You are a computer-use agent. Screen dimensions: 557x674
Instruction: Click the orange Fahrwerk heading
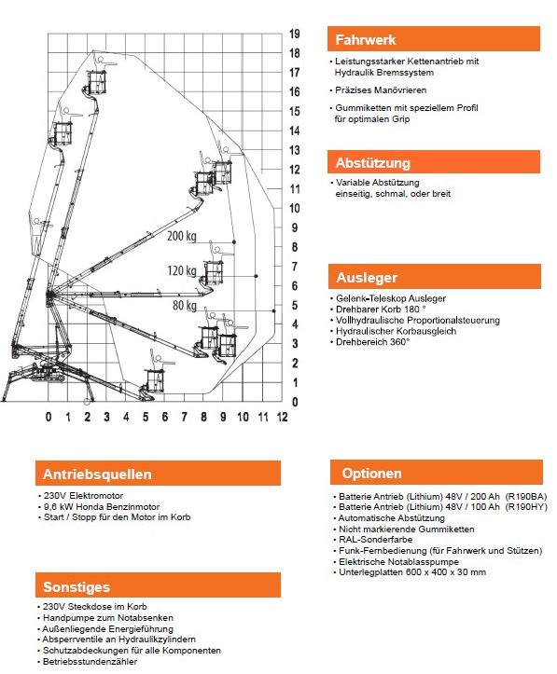pyautogui.click(x=434, y=39)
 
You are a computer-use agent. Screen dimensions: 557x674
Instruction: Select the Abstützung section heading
pyautogui.click(x=434, y=162)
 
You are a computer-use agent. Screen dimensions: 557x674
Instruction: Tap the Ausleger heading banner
pyautogui.click(x=435, y=276)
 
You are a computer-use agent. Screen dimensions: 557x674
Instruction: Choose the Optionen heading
pyautogui.click(x=436, y=473)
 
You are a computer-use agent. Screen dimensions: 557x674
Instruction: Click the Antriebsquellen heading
pyautogui.click(x=158, y=474)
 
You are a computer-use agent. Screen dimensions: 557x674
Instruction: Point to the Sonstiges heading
pyautogui.click(x=158, y=585)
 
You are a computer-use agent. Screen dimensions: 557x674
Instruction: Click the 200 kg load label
pyautogui.click(x=182, y=236)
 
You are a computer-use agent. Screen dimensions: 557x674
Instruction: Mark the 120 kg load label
pyautogui.click(x=182, y=270)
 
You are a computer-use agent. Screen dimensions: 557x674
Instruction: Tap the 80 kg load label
pyautogui.click(x=185, y=305)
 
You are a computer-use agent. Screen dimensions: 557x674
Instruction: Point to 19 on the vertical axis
pyautogui.click(x=294, y=34)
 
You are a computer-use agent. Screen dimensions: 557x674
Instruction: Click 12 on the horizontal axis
pyautogui.click(x=282, y=417)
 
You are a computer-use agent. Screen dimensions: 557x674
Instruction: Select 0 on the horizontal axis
pyautogui.click(x=49, y=417)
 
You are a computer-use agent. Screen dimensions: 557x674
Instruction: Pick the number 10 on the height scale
pyautogui.click(x=294, y=209)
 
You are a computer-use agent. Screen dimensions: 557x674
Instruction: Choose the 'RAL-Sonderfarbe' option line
pyautogui.click(x=372, y=540)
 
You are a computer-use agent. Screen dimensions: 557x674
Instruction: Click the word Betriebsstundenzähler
pyautogui.click(x=90, y=662)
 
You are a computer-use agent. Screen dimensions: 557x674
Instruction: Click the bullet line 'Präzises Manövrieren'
pyautogui.click(x=378, y=90)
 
